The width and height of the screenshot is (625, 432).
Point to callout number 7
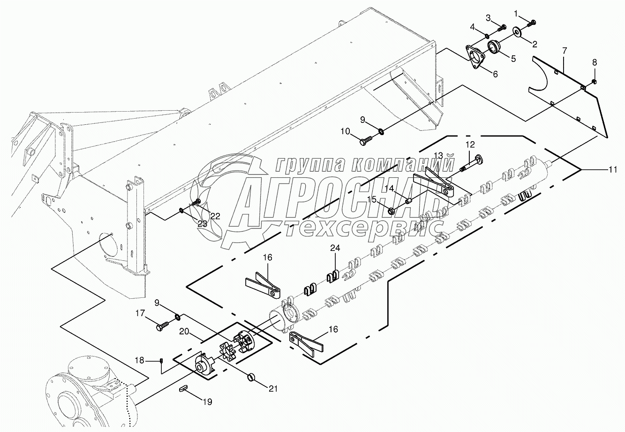pos(565,50)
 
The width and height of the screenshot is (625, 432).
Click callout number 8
pos(595,62)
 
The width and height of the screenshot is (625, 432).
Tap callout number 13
pos(438,155)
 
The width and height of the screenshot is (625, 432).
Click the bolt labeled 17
pos(162,325)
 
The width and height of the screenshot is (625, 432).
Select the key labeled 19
pos(184,387)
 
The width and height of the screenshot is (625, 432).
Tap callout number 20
pos(185,331)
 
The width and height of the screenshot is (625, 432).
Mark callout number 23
pos(202,224)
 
